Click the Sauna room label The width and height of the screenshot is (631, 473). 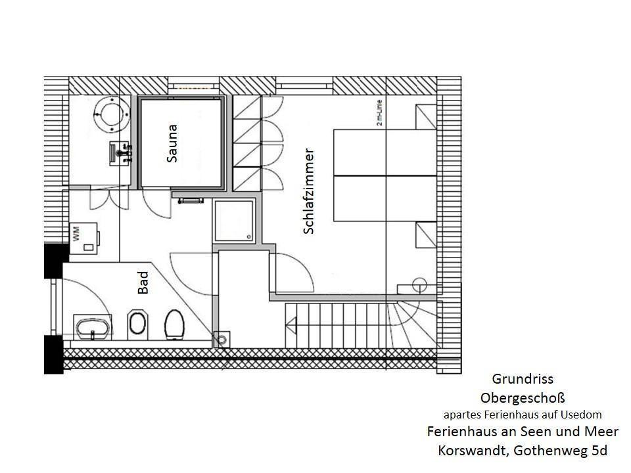click(x=172, y=143)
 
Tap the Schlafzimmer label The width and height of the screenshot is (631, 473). click(x=308, y=191)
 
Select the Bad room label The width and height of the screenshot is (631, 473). click(x=143, y=282)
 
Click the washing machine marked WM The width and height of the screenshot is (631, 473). click(x=84, y=238)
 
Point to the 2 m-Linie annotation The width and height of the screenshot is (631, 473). click(x=379, y=113)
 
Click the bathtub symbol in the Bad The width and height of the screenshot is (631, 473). click(x=93, y=327)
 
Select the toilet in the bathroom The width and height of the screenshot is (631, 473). click(x=174, y=325)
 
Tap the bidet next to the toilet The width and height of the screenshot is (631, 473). click(x=137, y=325)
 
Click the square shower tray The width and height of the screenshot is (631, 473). click(x=234, y=221)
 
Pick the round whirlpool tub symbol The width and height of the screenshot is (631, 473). click(x=112, y=114)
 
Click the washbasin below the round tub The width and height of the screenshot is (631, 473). click(x=120, y=153)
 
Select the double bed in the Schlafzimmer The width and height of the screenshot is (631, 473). click(x=385, y=175)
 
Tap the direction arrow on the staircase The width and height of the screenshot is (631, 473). click(x=291, y=325)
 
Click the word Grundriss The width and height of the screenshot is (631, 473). click(x=523, y=379)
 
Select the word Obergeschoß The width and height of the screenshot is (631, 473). click(x=523, y=398)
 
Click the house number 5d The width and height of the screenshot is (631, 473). click(x=599, y=450)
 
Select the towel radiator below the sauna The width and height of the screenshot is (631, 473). click(x=191, y=200)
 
